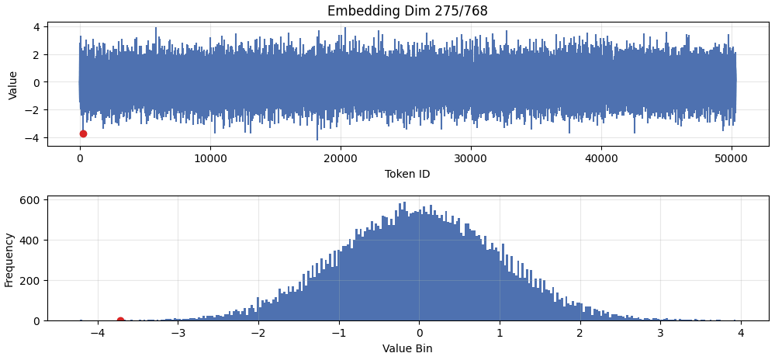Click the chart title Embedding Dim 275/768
click(x=407, y=11)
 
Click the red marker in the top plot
click(x=83, y=133)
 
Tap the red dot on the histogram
click(x=120, y=320)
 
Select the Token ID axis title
click(x=407, y=174)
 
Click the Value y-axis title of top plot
click(x=12, y=85)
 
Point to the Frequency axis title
click(x=9, y=259)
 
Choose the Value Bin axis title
click(x=407, y=348)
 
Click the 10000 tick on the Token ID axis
click(x=210, y=157)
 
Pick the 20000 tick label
click(x=341, y=157)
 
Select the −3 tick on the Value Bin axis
click(x=178, y=333)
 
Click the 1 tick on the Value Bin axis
click(x=500, y=333)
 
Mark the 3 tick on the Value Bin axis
click(x=660, y=333)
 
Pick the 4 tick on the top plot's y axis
click(x=36, y=27)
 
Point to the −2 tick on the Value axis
click(x=33, y=110)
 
